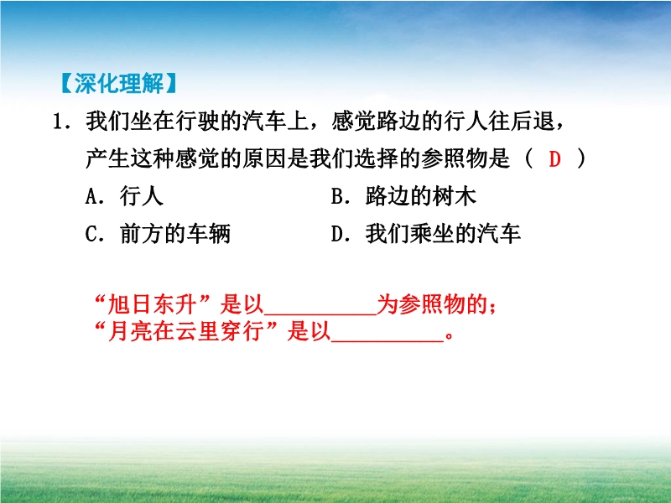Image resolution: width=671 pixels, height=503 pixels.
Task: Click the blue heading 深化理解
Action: (x=119, y=83)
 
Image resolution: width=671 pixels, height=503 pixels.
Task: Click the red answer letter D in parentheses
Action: (x=554, y=159)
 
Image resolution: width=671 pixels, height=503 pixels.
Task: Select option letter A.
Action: (x=92, y=196)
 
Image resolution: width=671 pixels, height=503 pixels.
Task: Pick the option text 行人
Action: (x=142, y=196)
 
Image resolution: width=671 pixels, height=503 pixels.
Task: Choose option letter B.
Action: (x=338, y=196)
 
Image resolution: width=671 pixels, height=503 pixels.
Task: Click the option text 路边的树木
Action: (x=421, y=196)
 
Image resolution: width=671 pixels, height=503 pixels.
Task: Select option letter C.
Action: (x=92, y=234)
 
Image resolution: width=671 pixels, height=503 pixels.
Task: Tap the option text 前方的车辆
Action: (x=175, y=234)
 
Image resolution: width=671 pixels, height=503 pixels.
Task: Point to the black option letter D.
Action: (x=338, y=234)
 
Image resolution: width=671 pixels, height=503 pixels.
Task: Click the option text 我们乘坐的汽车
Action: (x=443, y=234)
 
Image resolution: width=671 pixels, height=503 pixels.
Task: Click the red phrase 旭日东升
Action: (x=152, y=305)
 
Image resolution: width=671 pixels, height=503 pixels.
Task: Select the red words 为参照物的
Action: (x=432, y=305)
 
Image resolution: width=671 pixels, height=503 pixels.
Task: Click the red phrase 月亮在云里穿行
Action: (x=185, y=331)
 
